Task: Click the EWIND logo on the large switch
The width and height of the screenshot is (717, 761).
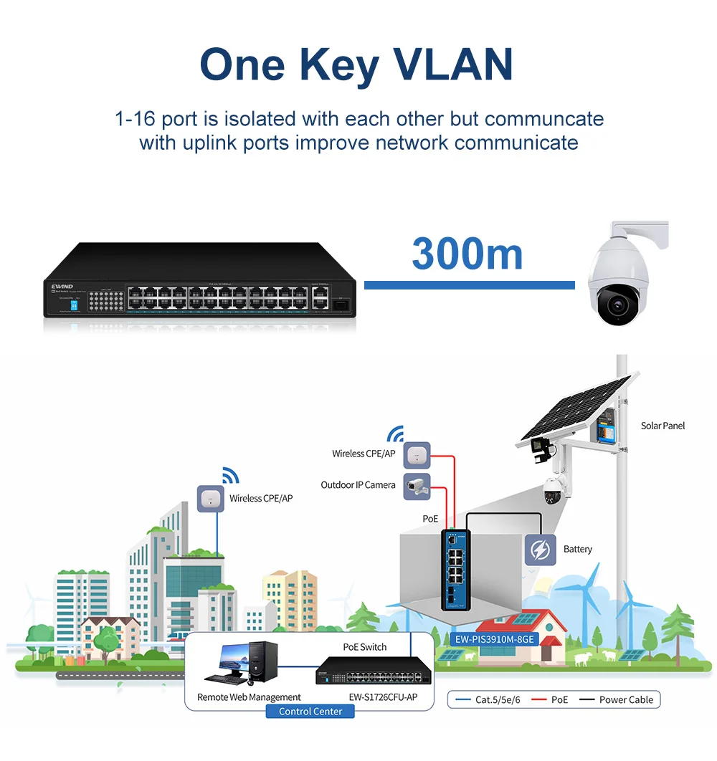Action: (x=63, y=286)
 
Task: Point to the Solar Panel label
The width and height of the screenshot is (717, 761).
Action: (x=663, y=426)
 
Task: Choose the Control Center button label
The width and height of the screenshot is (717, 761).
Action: (x=310, y=711)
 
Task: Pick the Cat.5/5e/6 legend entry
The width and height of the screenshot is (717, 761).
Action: (x=492, y=699)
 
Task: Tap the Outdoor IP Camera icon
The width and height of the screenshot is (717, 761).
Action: (x=417, y=485)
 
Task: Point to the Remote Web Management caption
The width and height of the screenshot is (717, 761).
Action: (x=249, y=697)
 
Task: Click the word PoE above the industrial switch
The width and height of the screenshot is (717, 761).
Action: (x=430, y=518)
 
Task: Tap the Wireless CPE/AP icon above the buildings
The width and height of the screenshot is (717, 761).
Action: (x=211, y=498)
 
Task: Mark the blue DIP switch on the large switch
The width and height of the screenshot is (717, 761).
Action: (x=75, y=304)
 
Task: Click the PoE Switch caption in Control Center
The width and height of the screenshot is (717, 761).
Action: (x=364, y=647)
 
